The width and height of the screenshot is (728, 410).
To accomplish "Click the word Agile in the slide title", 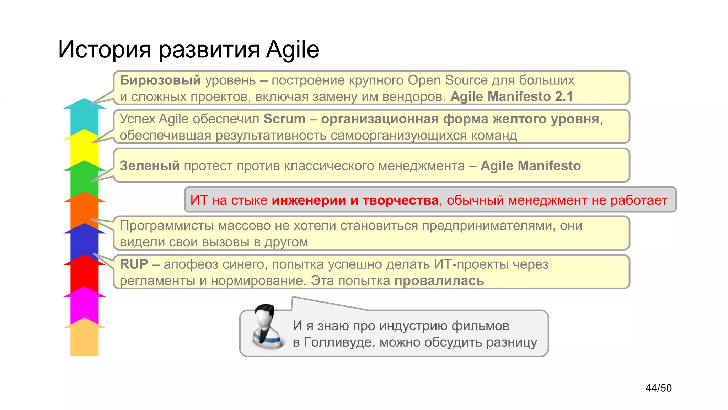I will pyautogui.click(x=293, y=49).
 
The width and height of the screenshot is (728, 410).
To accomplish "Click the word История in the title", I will pyautogui.click(x=105, y=49).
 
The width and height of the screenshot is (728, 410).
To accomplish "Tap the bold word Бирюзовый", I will pyautogui.click(x=160, y=80).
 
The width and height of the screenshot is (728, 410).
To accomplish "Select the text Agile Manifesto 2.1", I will pyautogui.click(x=512, y=97).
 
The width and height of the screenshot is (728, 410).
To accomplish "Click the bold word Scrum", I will pyautogui.click(x=284, y=119).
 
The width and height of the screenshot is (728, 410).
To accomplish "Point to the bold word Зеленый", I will pyautogui.click(x=150, y=166).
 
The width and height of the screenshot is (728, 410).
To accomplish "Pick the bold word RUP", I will pyautogui.click(x=134, y=264).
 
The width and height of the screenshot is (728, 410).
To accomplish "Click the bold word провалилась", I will pyautogui.click(x=439, y=281).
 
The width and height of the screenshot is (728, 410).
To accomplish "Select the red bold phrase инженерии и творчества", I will pyautogui.click(x=355, y=200).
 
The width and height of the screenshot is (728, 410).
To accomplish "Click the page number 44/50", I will pyautogui.click(x=658, y=388).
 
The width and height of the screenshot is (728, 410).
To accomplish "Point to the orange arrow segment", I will pyautogui.click(x=85, y=212).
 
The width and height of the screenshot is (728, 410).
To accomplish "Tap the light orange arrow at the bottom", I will pyautogui.click(x=85, y=340).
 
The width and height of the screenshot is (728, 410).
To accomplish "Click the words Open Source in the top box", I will pyautogui.click(x=448, y=80).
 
